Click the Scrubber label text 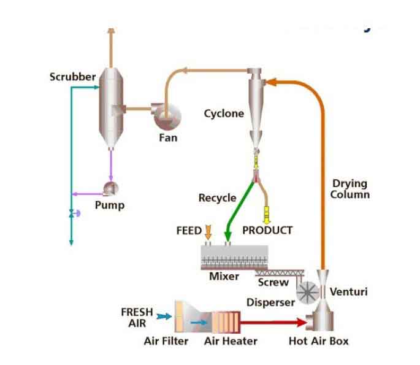click(72, 77)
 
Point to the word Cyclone click(224, 113)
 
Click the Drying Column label click(349, 188)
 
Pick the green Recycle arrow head click(229, 236)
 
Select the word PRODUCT click(267, 231)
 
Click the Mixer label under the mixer click(224, 276)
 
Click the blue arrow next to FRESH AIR click(164, 317)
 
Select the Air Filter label click(166, 341)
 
